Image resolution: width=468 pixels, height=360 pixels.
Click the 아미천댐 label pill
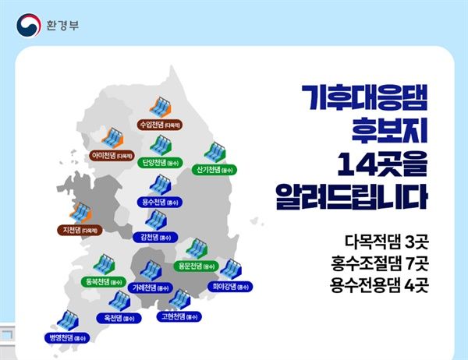[x=112, y=155]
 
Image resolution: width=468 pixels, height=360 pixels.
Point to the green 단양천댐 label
[x=161, y=163]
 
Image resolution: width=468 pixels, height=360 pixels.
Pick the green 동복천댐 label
[x=107, y=281]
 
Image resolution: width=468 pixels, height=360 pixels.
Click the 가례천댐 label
[x=151, y=288]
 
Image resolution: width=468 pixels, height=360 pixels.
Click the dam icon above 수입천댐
[x=161, y=105]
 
